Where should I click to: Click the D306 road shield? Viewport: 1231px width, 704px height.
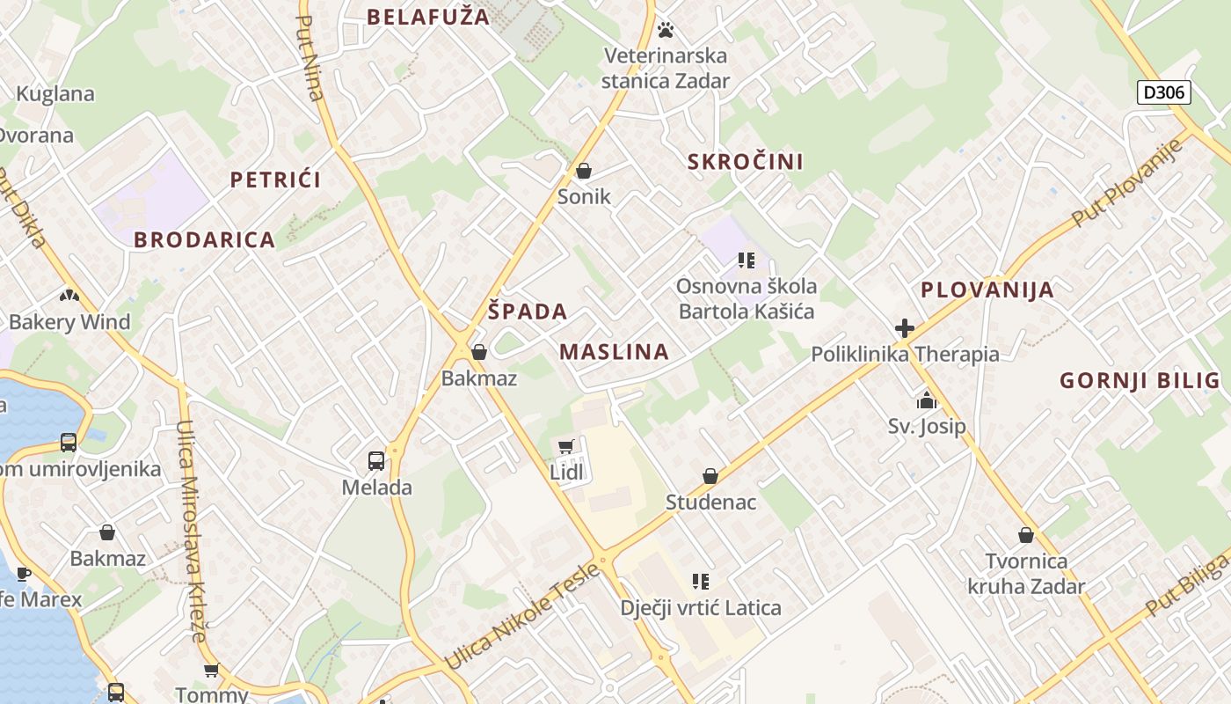[x=1163, y=92]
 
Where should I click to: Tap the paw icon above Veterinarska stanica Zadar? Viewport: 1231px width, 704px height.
[x=666, y=31]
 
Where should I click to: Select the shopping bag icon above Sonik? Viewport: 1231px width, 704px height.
[x=584, y=171]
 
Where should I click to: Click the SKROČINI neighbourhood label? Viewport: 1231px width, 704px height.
[x=746, y=162]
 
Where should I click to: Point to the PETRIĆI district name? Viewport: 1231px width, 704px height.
[x=275, y=180]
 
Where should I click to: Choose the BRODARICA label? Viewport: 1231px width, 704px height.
[x=204, y=239]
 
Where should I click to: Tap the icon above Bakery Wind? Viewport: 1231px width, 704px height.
[x=69, y=296]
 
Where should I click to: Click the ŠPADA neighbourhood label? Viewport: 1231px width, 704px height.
[x=528, y=312]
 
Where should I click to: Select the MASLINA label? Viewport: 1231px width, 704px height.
[x=614, y=352]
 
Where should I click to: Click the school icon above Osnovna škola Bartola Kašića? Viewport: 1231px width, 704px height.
[x=747, y=260]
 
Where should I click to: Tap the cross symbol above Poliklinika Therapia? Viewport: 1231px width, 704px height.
[x=905, y=329]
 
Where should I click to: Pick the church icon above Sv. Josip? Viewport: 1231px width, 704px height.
[x=926, y=401]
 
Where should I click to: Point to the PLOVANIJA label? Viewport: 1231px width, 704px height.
[x=987, y=290]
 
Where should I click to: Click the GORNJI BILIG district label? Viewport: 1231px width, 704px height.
[x=1140, y=380]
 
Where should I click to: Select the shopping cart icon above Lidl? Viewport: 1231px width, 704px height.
[x=566, y=446]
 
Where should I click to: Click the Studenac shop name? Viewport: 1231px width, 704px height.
[x=710, y=502]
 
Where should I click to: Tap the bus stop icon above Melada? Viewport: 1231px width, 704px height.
[x=376, y=460]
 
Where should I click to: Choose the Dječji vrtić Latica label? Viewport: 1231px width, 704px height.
[x=700, y=607]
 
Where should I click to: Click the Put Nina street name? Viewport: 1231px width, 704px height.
[x=311, y=58]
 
